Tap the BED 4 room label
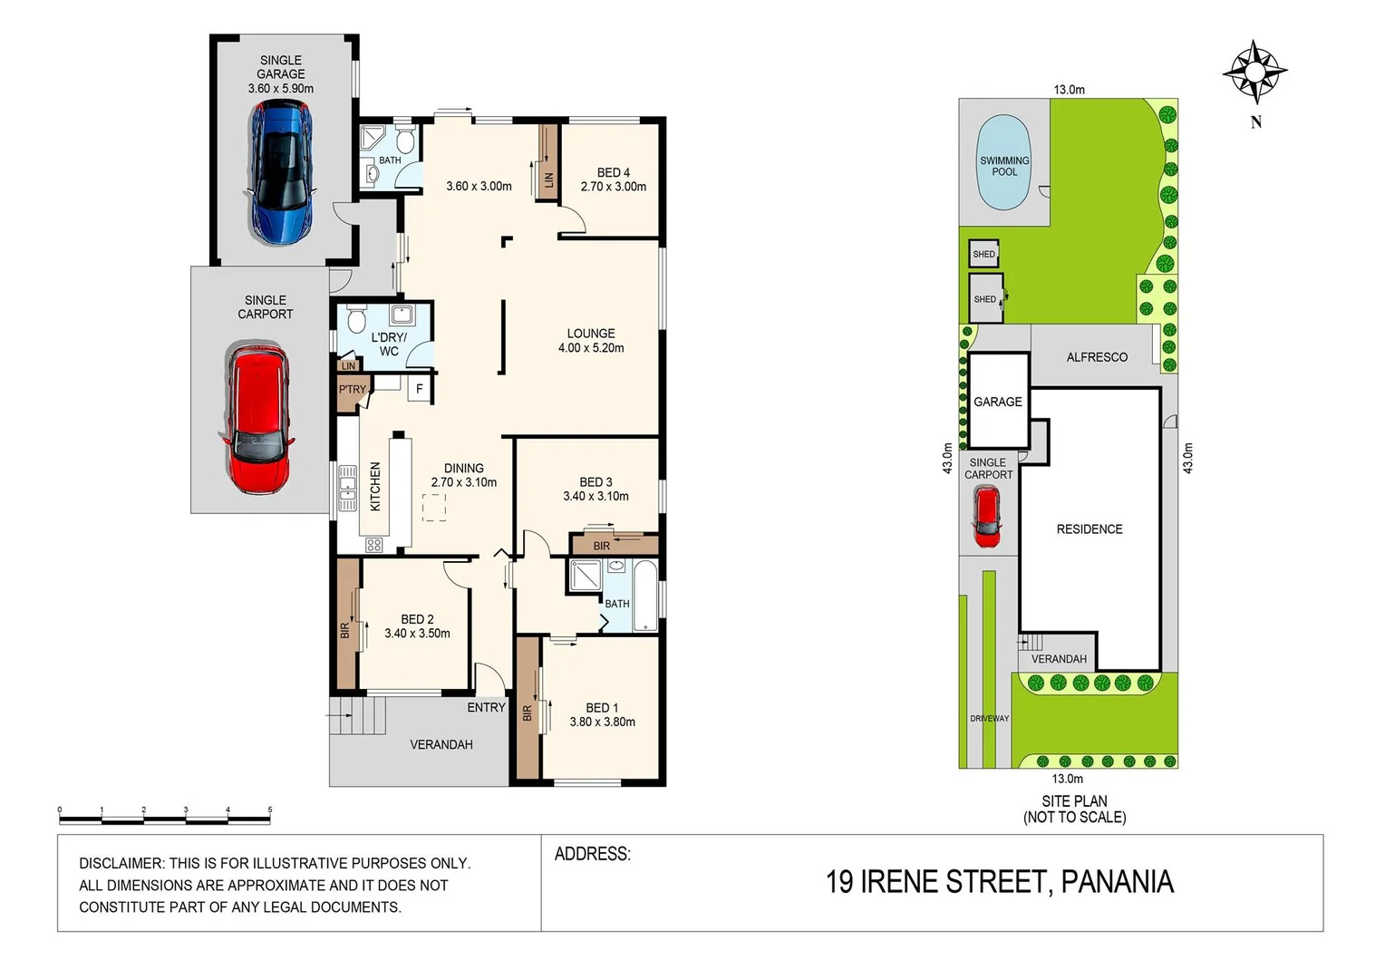(613, 179)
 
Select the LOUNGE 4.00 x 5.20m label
(591, 340)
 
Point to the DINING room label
(463, 475)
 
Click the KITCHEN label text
(375, 487)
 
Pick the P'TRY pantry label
(353, 390)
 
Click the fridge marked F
(419, 389)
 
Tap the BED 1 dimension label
(602, 722)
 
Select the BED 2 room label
(417, 626)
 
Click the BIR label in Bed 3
(602, 546)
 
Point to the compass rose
(1254, 72)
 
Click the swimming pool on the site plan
(1003, 163)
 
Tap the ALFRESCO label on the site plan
(1097, 357)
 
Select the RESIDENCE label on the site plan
(1090, 529)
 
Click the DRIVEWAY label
(989, 719)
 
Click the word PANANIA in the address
(1117, 882)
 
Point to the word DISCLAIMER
(121, 864)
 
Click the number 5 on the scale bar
(270, 809)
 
